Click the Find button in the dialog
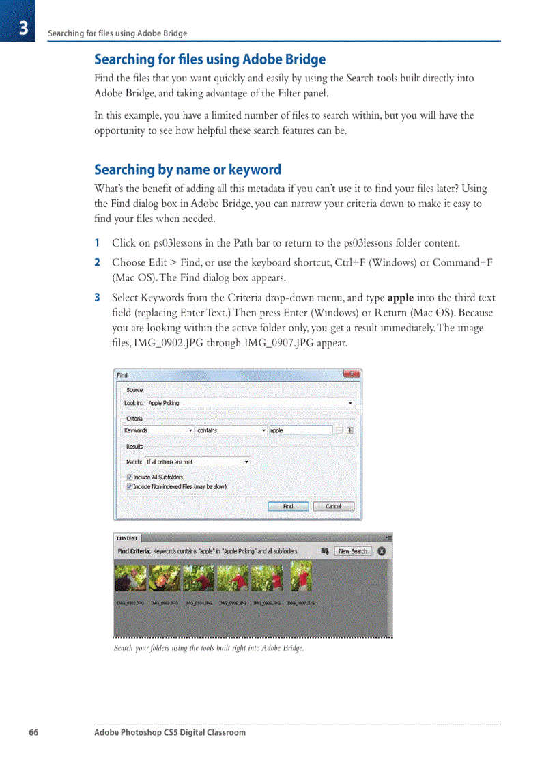coord(288,506)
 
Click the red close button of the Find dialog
coord(351,374)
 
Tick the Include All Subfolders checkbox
coord(130,477)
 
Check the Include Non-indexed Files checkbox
coord(130,486)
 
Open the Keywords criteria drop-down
coord(158,430)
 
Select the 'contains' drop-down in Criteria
coord(231,430)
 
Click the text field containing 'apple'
coord(300,430)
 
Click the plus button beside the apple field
coord(350,430)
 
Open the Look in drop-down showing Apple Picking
coord(250,403)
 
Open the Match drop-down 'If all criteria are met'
coord(197,462)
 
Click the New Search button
coord(352,551)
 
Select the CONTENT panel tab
coord(127,538)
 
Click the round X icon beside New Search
coord(382,551)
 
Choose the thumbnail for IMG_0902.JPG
coord(130,577)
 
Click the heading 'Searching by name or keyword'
coord(188,169)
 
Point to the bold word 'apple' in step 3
coord(400,298)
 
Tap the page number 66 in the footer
coord(33,732)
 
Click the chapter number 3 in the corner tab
coord(23,28)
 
